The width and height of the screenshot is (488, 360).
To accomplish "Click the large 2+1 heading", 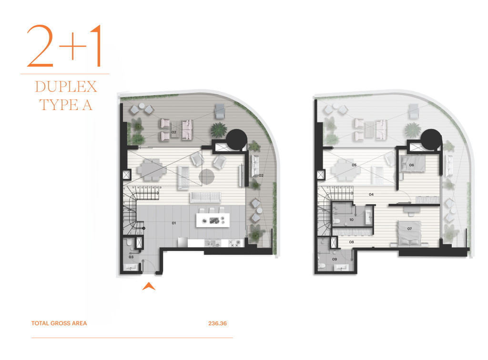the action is click(x=64, y=46).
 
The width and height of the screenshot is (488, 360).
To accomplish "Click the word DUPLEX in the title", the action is click(x=66, y=87).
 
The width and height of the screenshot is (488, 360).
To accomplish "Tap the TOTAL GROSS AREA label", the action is click(x=59, y=323).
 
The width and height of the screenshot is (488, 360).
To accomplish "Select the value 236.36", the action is click(x=217, y=323).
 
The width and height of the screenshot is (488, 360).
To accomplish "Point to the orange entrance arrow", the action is click(x=149, y=286).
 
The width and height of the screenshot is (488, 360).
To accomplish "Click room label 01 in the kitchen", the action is click(x=173, y=223).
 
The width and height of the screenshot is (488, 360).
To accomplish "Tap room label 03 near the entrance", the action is click(x=131, y=257).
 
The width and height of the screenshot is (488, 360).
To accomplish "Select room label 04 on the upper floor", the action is click(x=371, y=194).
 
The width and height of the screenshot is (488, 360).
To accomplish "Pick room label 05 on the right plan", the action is click(x=354, y=165).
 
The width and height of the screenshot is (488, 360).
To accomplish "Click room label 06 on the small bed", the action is click(x=411, y=165).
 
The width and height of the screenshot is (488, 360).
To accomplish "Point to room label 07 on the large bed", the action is click(x=409, y=229).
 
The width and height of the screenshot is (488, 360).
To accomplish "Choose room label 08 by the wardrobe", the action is click(x=351, y=242).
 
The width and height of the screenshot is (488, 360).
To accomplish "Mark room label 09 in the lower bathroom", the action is click(x=335, y=259).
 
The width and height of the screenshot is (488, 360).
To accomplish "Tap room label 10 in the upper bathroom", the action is click(x=351, y=220).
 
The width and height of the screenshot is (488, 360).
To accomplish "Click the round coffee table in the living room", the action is click(x=207, y=177).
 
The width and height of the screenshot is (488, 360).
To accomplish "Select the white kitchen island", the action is click(x=213, y=220).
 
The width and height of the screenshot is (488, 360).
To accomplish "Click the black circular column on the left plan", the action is click(x=236, y=140).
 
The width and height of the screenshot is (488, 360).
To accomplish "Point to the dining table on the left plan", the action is click(x=152, y=170).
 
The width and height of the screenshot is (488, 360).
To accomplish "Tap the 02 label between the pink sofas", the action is click(x=173, y=132).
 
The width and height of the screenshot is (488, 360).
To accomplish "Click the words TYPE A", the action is click(x=66, y=105).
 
